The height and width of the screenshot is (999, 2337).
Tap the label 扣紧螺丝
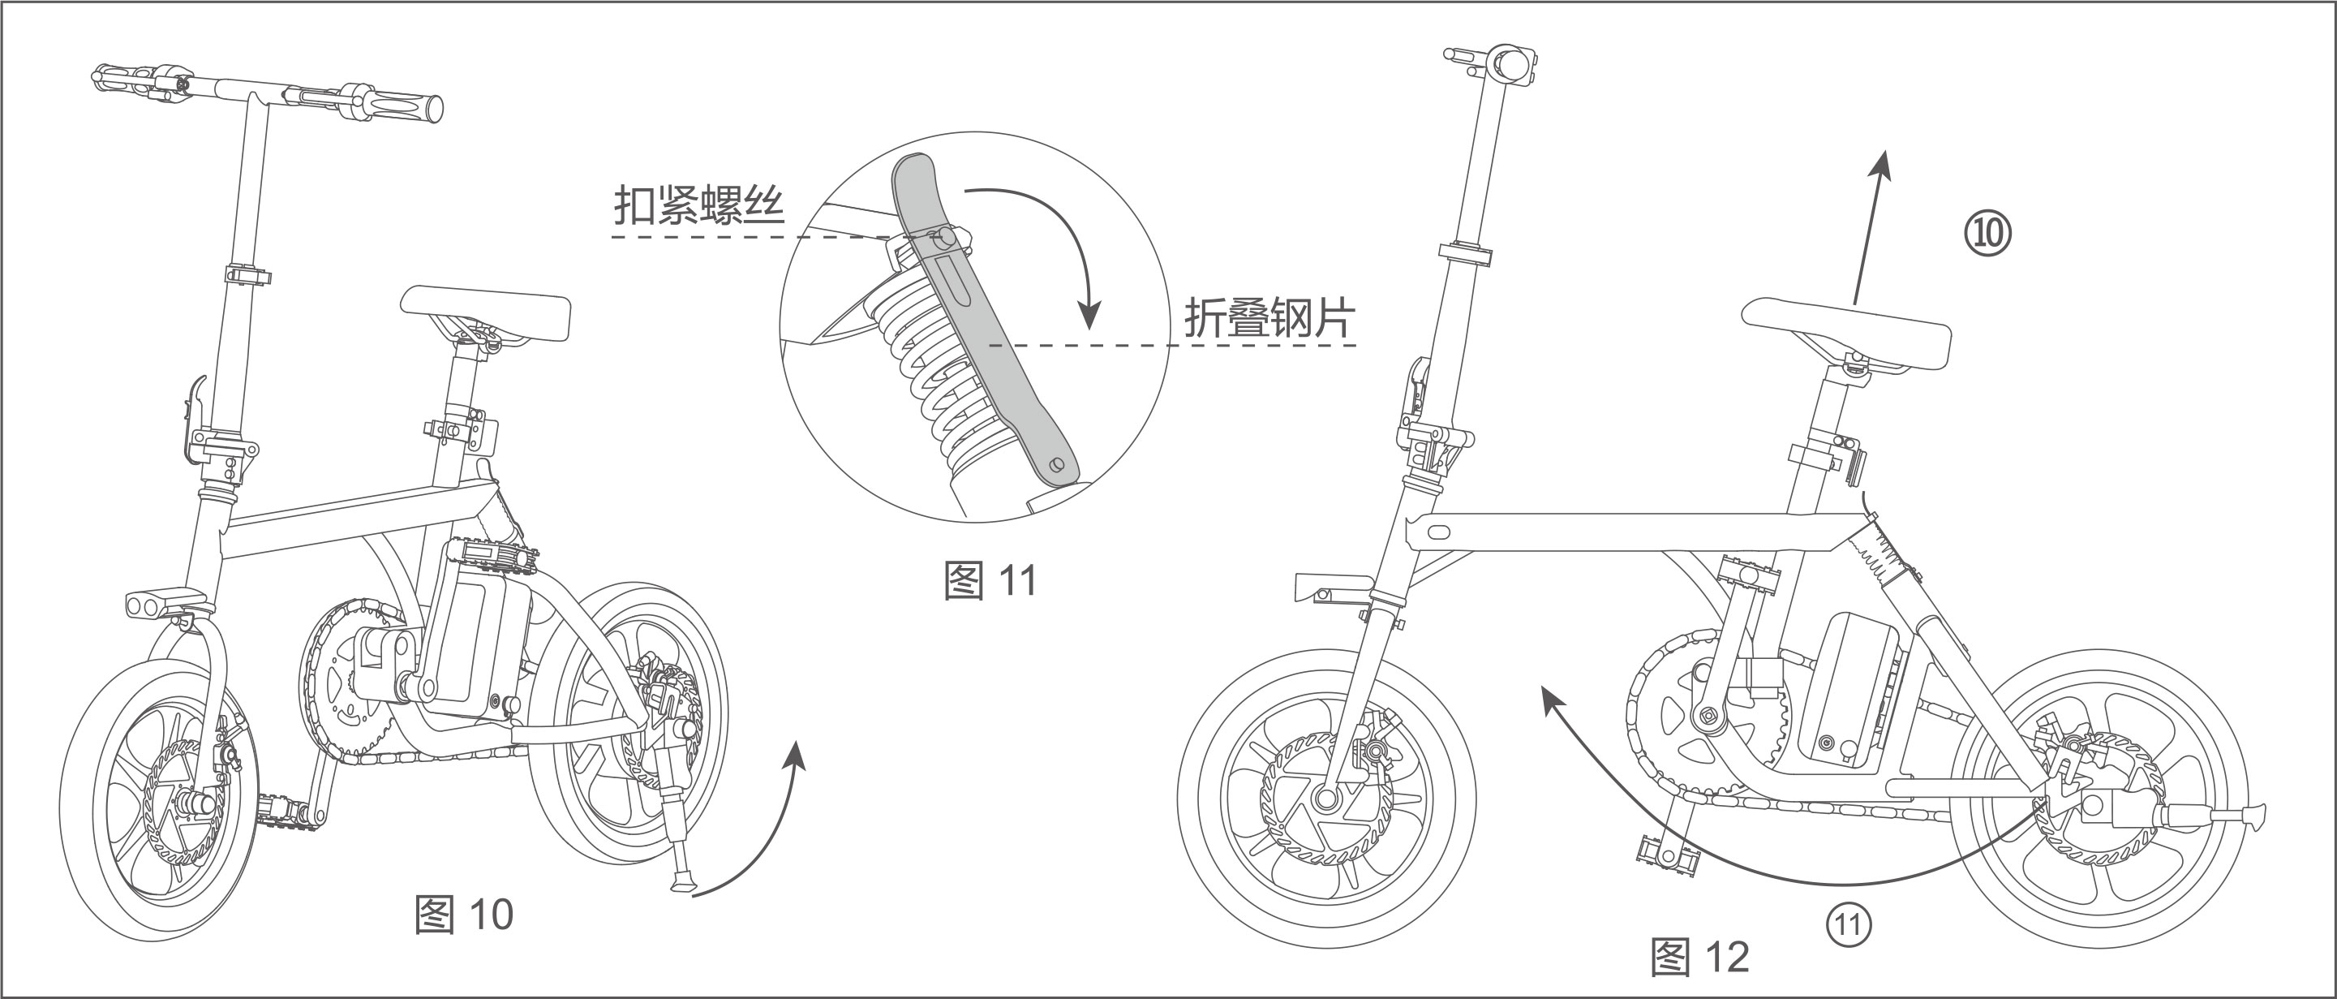coord(698,206)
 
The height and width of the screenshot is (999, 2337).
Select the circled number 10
coord(1987,233)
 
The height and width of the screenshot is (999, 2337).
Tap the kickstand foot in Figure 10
coord(682,883)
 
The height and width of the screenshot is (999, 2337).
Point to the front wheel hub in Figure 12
coord(1325,799)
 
